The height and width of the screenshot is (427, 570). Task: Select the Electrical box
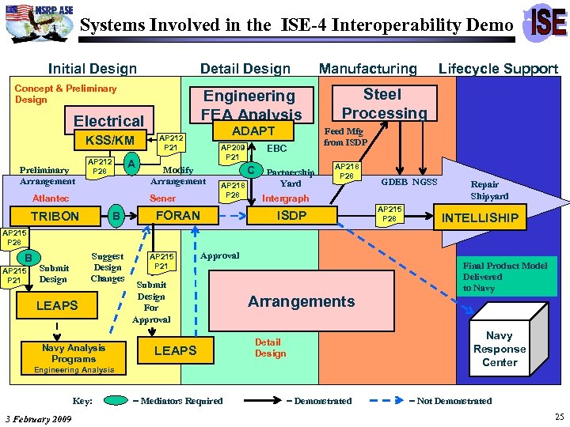pos(108,121)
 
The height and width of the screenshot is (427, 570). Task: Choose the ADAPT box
pos(253,131)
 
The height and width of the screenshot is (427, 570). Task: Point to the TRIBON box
pos(55,217)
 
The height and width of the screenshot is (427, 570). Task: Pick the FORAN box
pos(178,215)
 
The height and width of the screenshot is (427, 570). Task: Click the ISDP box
pos(291,215)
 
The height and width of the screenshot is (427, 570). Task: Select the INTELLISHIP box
pos(480,217)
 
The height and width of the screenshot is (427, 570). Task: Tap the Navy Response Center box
pos(500,349)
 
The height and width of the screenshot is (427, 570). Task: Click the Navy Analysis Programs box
pos(74,353)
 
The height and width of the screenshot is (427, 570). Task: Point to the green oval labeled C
pos(251,169)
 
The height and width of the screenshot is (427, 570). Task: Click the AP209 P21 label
pos(232,152)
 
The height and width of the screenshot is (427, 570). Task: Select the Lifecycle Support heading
pos(498,69)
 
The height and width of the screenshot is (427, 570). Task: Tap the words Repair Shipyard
pos(490,190)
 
